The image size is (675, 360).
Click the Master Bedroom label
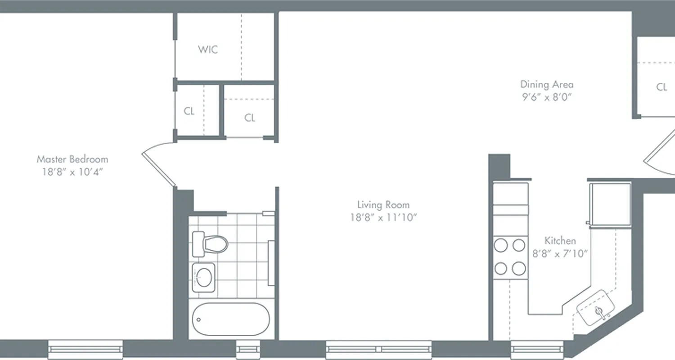[72, 159]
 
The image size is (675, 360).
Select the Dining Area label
[547, 84]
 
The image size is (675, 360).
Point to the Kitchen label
[560, 240]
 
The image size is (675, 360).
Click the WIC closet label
[208, 49]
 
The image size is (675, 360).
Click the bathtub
[230, 319]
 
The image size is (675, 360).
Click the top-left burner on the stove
[500, 245]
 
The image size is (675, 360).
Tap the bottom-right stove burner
[519, 269]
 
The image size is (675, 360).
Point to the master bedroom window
[85, 348]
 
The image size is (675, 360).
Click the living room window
[378, 348]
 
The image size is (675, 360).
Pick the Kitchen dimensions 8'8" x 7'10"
[560, 254]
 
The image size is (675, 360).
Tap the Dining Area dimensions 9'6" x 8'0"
[547, 97]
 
